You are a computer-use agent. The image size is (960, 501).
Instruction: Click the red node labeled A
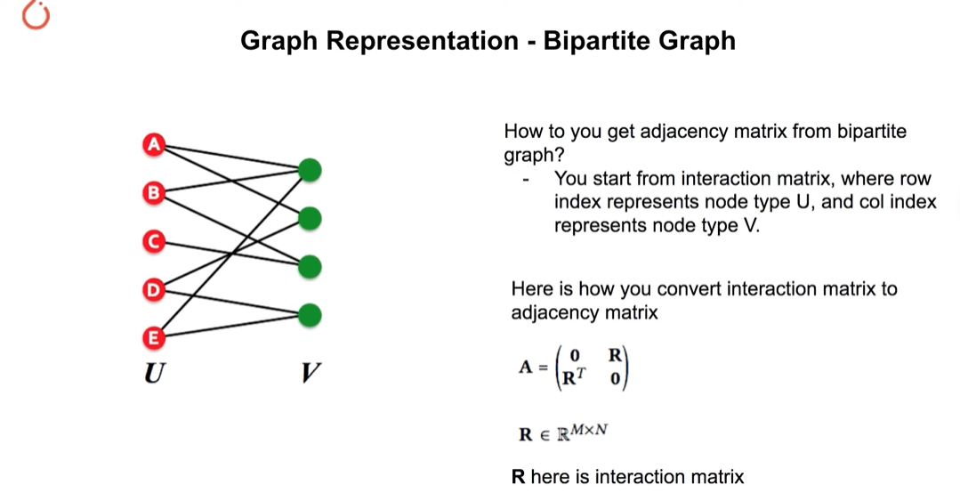pyautogui.click(x=154, y=144)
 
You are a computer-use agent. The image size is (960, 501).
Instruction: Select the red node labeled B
pyautogui.click(x=154, y=193)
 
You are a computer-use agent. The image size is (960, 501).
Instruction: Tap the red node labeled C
pyautogui.click(x=154, y=241)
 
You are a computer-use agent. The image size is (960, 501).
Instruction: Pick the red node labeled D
pyautogui.click(x=154, y=290)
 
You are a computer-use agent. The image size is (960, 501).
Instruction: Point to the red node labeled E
pyautogui.click(x=154, y=338)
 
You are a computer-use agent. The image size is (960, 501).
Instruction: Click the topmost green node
pyautogui.click(x=310, y=170)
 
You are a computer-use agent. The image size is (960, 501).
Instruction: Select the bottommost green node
pyautogui.click(x=310, y=315)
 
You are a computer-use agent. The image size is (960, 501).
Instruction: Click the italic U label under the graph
pyautogui.click(x=154, y=372)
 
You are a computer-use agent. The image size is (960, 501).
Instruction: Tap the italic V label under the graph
pyautogui.click(x=311, y=372)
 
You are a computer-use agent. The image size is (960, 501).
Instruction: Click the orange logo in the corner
pyautogui.click(x=36, y=15)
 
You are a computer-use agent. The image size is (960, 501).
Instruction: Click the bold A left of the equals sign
pyautogui.click(x=525, y=367)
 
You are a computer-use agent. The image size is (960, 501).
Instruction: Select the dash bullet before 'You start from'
pyautogui.click(x=526, y=180)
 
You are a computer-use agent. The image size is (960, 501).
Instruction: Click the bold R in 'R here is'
pyautogui.click(x=518, y=476)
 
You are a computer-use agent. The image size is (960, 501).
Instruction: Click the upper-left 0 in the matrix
pyautogui.click(x=574, y=355)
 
